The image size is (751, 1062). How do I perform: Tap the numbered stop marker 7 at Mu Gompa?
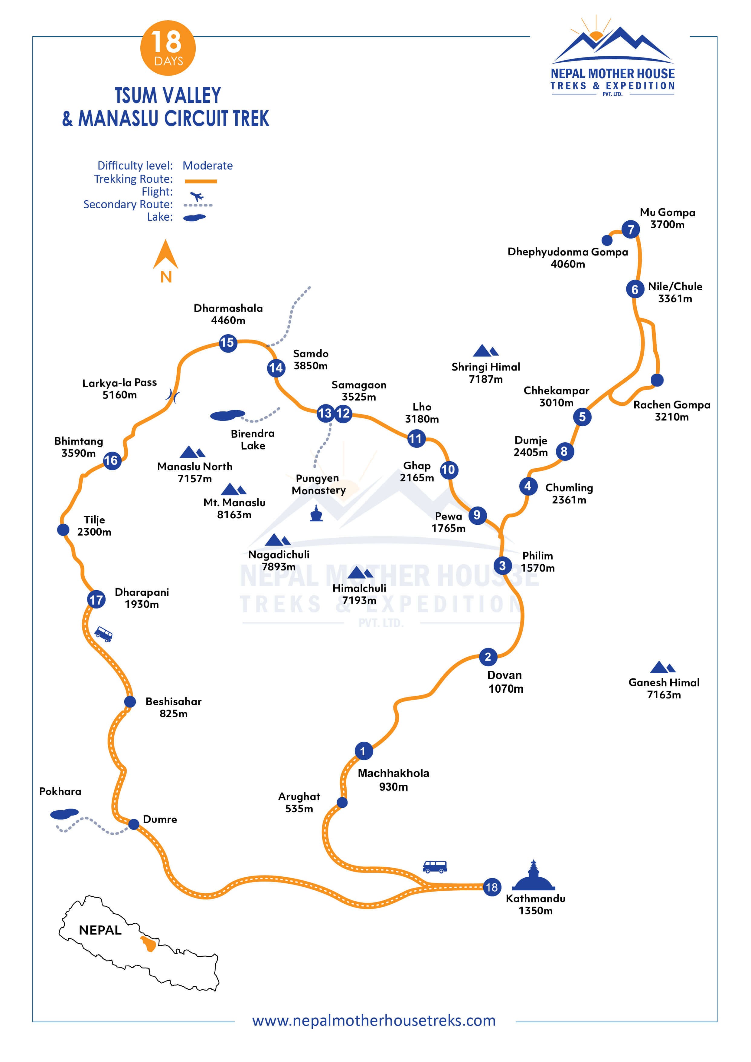coord(630,229)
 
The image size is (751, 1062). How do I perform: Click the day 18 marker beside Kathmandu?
coord(491,887)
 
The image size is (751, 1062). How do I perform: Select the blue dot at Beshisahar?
coord(130,701)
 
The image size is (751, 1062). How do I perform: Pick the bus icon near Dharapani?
coord(103,634)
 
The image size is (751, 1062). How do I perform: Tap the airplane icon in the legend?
coord(197,196)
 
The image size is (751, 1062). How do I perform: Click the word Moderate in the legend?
coord(207,166)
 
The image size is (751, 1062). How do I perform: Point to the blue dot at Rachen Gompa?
coord(657,380)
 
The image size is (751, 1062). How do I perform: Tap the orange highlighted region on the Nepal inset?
coord(149,943)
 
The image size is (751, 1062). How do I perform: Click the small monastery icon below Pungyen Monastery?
coord(316,514)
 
